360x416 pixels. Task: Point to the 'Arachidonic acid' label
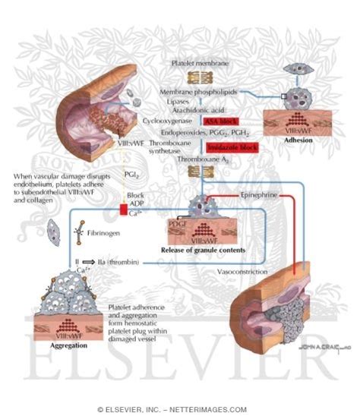[189, 110]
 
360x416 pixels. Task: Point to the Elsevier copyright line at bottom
[180, 408]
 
